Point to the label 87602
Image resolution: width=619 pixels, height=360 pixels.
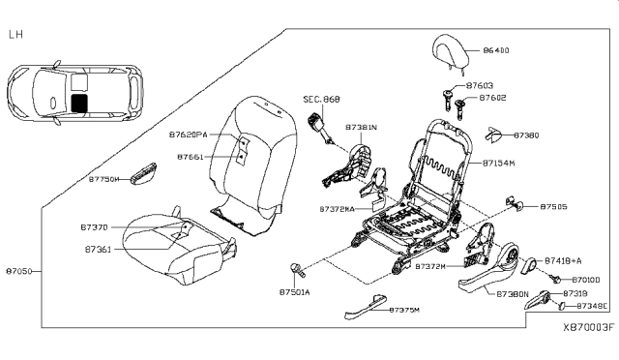492,98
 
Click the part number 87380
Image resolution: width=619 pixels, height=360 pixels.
526,135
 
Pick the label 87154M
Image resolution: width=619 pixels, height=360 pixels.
500,164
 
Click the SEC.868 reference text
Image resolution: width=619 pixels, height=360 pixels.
320,99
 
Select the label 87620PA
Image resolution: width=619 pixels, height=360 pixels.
189,135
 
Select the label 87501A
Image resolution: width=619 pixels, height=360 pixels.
294,291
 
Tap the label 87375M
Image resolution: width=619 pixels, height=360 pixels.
404,310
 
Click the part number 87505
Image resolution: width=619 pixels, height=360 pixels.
553,206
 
